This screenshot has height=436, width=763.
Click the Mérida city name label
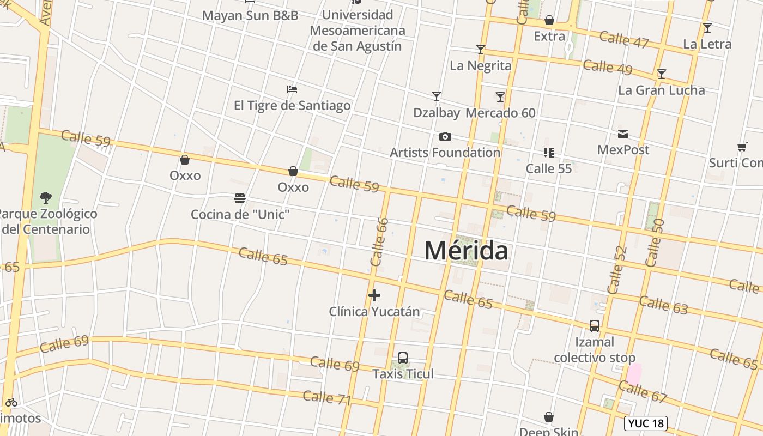point(466,251)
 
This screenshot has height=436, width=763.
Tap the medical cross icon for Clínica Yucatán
point(374,295)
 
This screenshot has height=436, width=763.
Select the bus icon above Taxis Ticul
point(403,358)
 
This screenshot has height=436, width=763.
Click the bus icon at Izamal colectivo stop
point(595,326)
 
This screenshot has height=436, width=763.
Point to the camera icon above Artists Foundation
point(445,136)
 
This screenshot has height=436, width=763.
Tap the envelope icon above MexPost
point(623,134)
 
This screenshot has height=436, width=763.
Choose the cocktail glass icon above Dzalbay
point(437,96)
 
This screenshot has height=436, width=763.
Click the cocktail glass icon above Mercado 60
point(500,97)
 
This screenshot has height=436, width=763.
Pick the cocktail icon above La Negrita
point(481,50)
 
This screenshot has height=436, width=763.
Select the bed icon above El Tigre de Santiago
point(292,89)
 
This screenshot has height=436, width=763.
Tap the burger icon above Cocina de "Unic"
point(240,198)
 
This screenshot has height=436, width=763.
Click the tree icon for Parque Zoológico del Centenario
point(46,197)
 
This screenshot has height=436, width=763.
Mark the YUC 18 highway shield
point(646,423)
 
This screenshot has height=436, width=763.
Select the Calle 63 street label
point(663,305)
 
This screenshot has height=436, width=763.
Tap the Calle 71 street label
point(326,398)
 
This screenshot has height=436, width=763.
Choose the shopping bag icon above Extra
point(549,21)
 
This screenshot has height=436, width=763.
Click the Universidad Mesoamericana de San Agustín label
point(358,31)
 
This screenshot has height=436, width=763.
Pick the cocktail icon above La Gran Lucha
point(662,74)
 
